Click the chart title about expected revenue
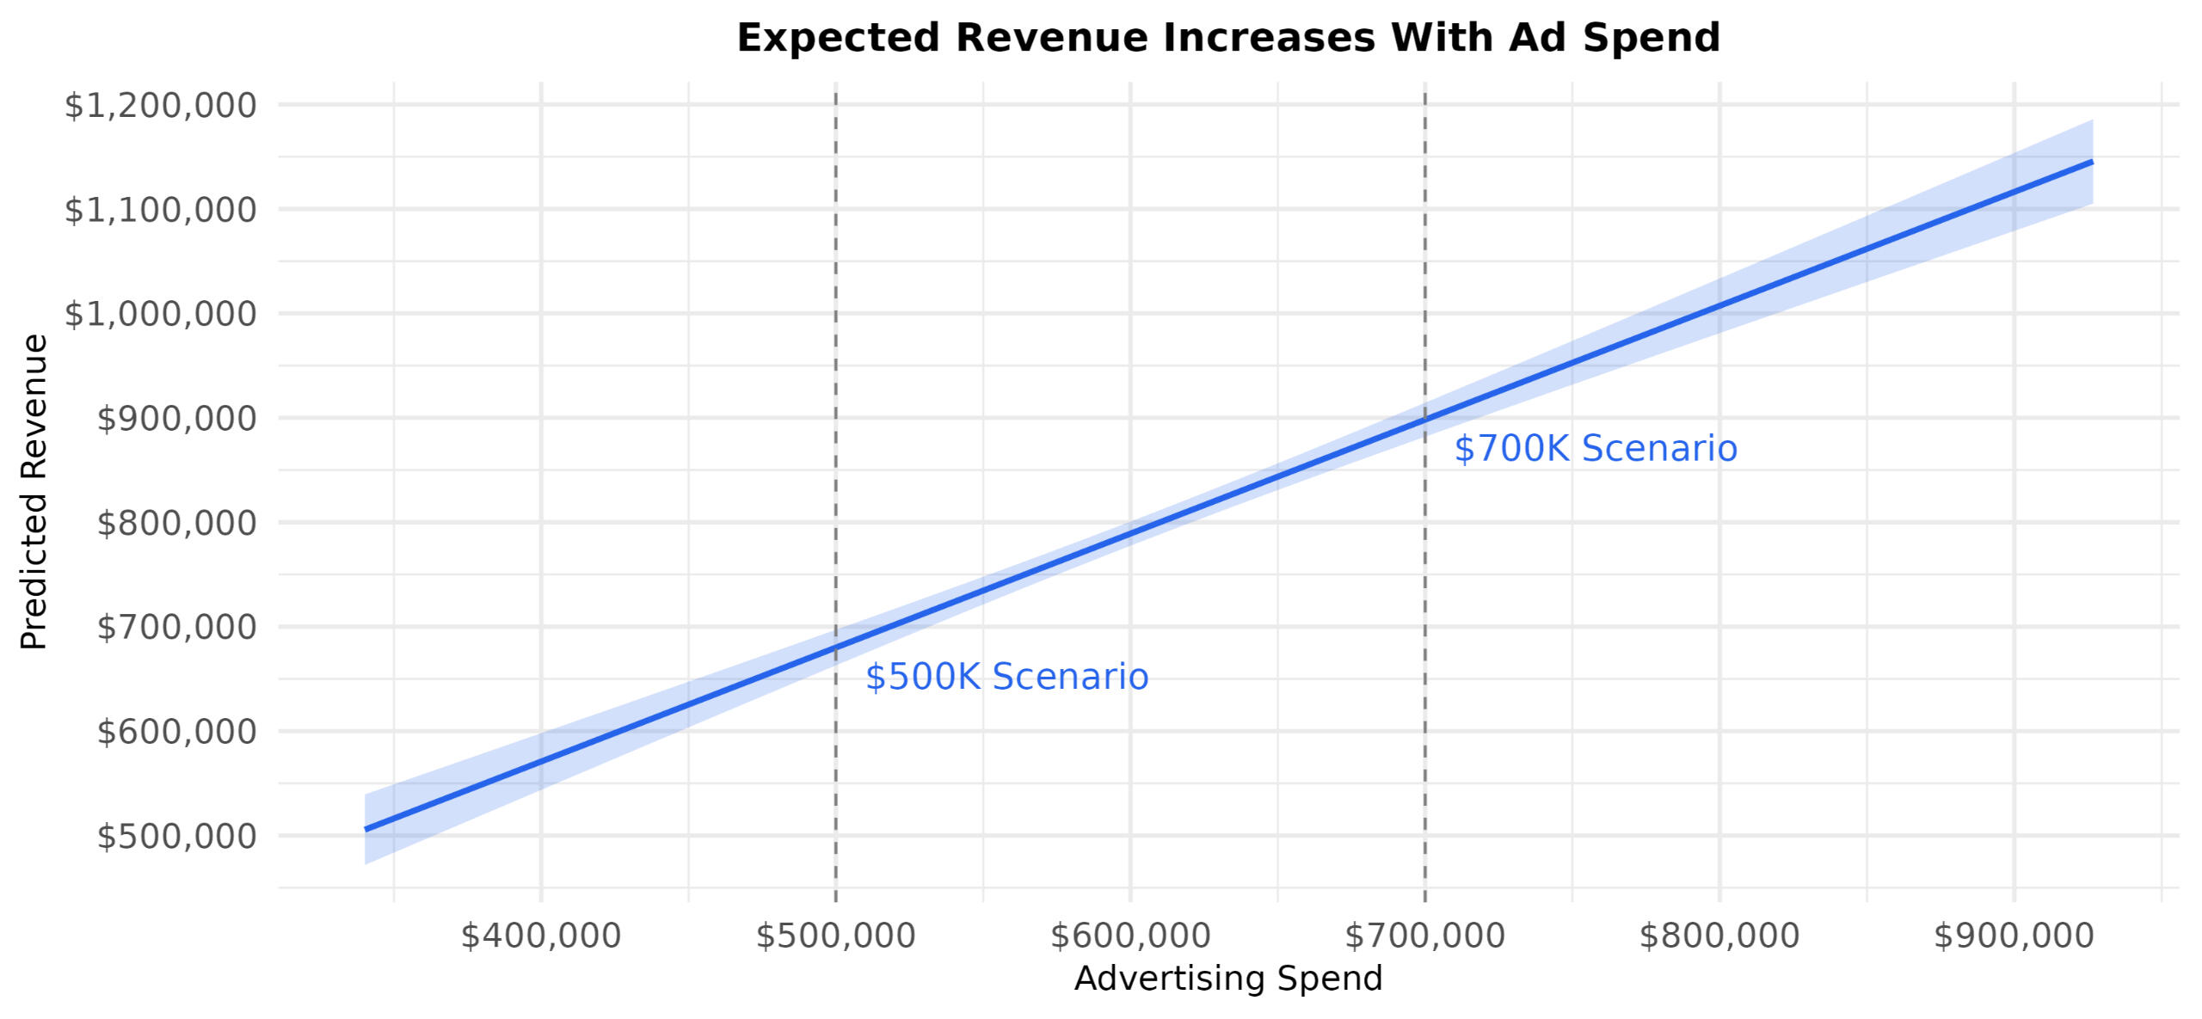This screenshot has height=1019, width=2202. [x=1227, y=39]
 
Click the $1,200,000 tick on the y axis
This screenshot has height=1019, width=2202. [x=161, y=106]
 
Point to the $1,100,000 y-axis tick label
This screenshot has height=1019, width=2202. [x=161, y=210]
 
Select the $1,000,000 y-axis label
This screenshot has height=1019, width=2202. [x=161, y=314]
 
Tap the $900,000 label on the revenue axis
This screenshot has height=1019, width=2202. [x=176, y=419]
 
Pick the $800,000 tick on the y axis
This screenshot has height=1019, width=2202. [x=176, y=523]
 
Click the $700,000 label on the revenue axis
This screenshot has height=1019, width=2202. [x=176, y=628]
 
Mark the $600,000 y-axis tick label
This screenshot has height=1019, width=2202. [x=176, y=732]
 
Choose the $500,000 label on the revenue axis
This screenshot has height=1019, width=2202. [x=176, y=836]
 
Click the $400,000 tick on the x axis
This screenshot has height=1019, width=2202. [x=541, y=936]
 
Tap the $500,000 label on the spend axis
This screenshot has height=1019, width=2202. [x=835, y=936]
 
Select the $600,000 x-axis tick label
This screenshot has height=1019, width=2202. [x=1130, y=936]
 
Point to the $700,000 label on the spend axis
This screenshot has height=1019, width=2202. [x=1424, y=936]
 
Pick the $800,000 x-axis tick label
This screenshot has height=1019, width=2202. [x=1719, y=936]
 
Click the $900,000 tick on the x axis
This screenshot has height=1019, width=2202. [x=2014, y=936]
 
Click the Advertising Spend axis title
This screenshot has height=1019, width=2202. [x=1227, y=979]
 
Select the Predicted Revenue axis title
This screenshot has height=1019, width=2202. [x=34, y=492]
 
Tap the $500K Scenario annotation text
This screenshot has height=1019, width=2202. [x=1006, y=678]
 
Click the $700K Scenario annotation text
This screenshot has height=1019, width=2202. [x=1596, y=450]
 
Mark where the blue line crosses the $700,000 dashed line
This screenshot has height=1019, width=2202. [x=1425, y=420]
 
